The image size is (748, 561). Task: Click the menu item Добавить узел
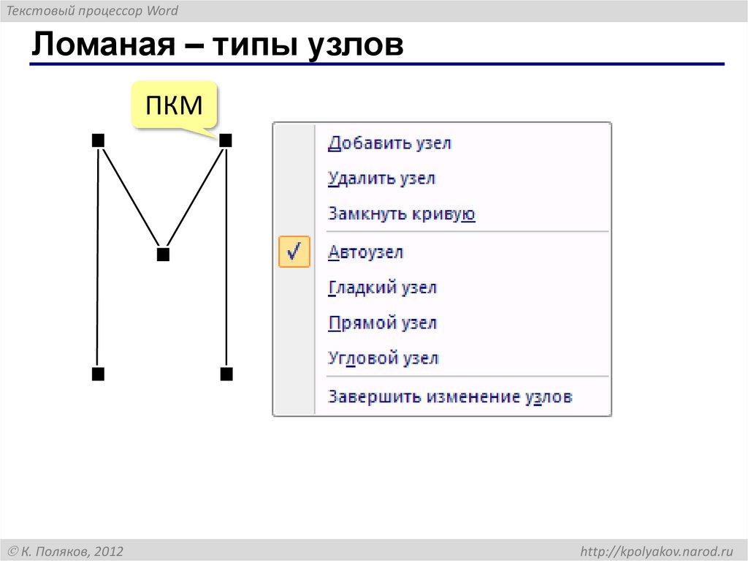(389, 143)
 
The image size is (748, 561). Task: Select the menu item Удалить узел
(381, 178)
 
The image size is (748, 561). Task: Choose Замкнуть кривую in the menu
(402, 214)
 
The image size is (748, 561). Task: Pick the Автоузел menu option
(366, 252)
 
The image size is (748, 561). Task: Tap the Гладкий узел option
(382, 288)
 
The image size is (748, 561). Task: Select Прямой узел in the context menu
(382, 323)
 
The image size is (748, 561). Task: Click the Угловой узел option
(383, 359)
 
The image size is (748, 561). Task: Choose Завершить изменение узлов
(450, 397)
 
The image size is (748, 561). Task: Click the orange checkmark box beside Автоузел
(294, 252)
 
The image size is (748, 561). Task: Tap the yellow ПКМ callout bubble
(174, 106)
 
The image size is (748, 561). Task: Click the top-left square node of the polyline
(98, 140)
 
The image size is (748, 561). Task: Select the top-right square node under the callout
(226, 140)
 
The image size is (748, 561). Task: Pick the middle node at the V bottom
(163, 255)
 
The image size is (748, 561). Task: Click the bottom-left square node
(98, 374)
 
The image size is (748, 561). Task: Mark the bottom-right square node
(226, 374)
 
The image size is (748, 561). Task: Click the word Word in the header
(161, 11)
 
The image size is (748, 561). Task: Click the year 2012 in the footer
(108, 551)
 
